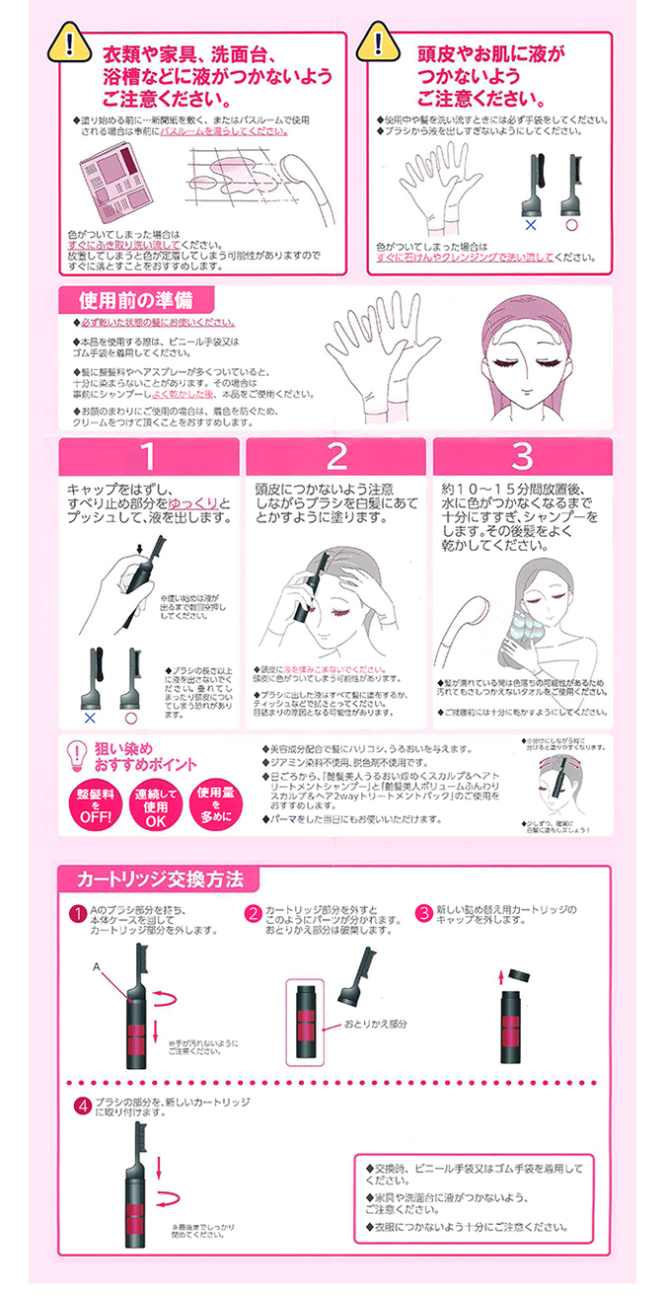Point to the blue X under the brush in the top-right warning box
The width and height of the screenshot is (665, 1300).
click(530, 224)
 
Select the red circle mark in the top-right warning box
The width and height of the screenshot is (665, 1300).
click(569, 224)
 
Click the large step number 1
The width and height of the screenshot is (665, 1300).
click(147, 457)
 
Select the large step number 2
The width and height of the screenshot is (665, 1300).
click(336, 457)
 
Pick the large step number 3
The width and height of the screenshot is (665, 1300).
click(522, 457)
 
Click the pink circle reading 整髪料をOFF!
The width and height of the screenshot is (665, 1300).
click(94, 803)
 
